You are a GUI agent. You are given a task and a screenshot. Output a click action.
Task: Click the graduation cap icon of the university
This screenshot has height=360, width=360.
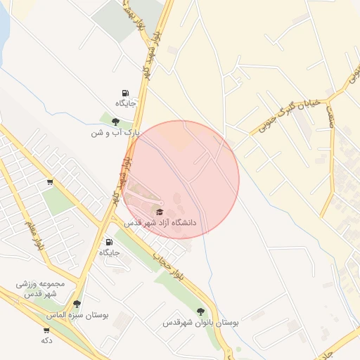[x=160, y=212]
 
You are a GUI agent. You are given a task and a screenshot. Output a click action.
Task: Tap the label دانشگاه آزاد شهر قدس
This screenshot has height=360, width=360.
[x=161, y=222]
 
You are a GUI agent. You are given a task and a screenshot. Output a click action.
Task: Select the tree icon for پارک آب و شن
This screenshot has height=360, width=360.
[x=116, y=122]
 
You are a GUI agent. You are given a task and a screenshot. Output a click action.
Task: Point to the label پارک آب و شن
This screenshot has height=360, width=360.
[x=116, y=132]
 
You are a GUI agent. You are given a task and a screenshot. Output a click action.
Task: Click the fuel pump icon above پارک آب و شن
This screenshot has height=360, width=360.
[x=125, y=93]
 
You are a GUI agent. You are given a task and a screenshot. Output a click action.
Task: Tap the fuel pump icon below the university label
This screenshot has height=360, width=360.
[x=110, y=242]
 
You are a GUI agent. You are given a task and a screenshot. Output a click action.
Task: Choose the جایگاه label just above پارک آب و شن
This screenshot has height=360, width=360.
[x=125, y=103]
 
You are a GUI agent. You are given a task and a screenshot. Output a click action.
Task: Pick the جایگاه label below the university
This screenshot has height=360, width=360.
[x=110, y=252]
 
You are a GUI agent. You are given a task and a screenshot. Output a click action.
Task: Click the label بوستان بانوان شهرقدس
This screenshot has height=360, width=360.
[x=201, y=323]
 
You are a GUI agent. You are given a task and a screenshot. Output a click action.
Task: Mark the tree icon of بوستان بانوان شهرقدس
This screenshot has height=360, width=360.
[x=201, y=311]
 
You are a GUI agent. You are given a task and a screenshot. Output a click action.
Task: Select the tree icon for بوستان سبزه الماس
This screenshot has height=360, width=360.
[x=77, y=304]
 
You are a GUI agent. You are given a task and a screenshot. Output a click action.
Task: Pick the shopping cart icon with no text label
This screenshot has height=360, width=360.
[x=50, y=182]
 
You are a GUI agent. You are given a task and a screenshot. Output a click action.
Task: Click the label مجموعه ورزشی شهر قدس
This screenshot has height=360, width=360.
[x=41, y=288]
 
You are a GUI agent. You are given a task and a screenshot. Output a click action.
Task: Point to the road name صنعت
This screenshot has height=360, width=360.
[x=330, y=112]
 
